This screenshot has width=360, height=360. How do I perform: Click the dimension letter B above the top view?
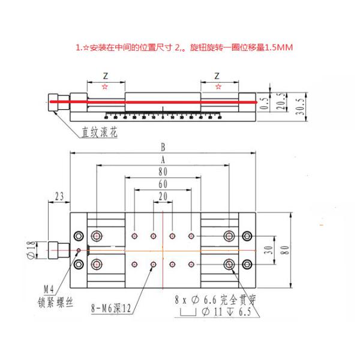[163, 146]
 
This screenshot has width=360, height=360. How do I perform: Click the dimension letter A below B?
[163, 159]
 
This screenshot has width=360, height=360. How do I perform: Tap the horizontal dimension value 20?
[163, 196]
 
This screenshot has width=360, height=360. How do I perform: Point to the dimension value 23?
[59, 196]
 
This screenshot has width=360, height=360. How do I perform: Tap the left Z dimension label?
[106, 76]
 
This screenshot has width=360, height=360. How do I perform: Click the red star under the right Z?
[217, 87]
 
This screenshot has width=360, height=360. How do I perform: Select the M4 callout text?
[57, 287]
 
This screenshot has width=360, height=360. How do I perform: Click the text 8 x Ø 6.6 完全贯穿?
[215, 298]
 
